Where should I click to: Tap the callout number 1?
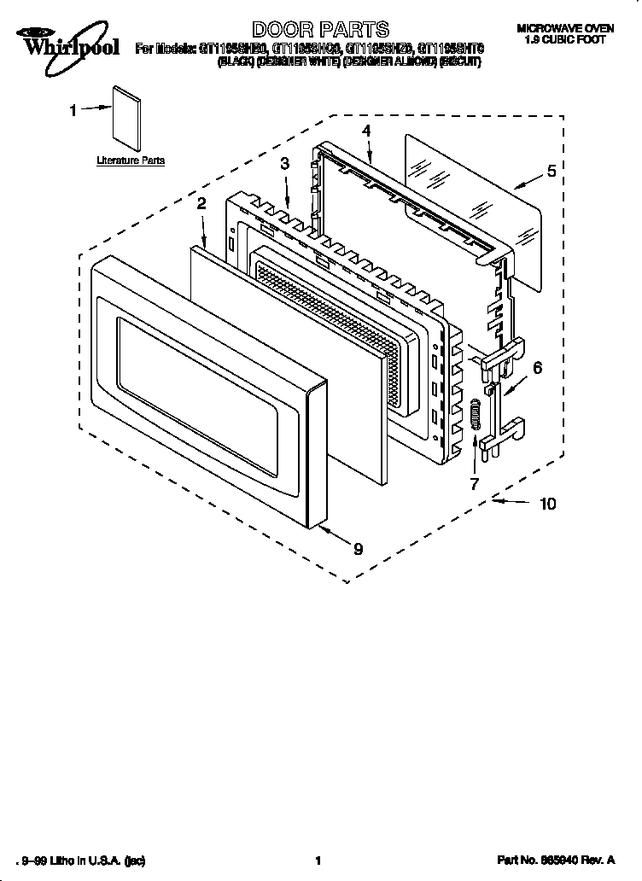[73, 109]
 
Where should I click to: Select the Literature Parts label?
[131, 160]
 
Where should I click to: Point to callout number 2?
[201, 203]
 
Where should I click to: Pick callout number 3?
[284, 163]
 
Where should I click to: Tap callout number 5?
[551, 171]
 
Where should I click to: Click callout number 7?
[475, 484]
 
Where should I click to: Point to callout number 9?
[358, 550]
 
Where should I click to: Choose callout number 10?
[547, 504]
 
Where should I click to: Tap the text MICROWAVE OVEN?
[565, 29]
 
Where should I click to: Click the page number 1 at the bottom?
[318, 862]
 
